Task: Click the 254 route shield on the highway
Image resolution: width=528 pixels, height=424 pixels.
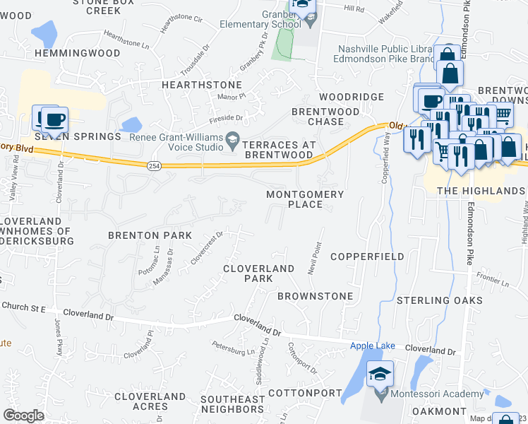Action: click(x=154, y=165)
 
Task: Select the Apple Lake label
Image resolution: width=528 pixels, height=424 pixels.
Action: click(x=369, y=346)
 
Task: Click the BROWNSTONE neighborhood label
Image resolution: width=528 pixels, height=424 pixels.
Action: click(x=315, y=295)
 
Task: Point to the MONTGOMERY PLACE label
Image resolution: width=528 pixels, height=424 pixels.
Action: click(x=305, y=199)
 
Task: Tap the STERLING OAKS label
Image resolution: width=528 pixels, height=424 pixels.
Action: click(x=433, y=300)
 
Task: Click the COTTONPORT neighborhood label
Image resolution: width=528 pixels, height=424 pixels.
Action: click(x=299, y=393)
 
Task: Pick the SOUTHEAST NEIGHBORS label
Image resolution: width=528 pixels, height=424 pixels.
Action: click(x=232, y=404)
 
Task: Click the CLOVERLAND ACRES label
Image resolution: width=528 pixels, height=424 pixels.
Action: click(x=150, y=401)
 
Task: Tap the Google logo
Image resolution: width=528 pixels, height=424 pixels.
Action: click(x=23, y=416)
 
